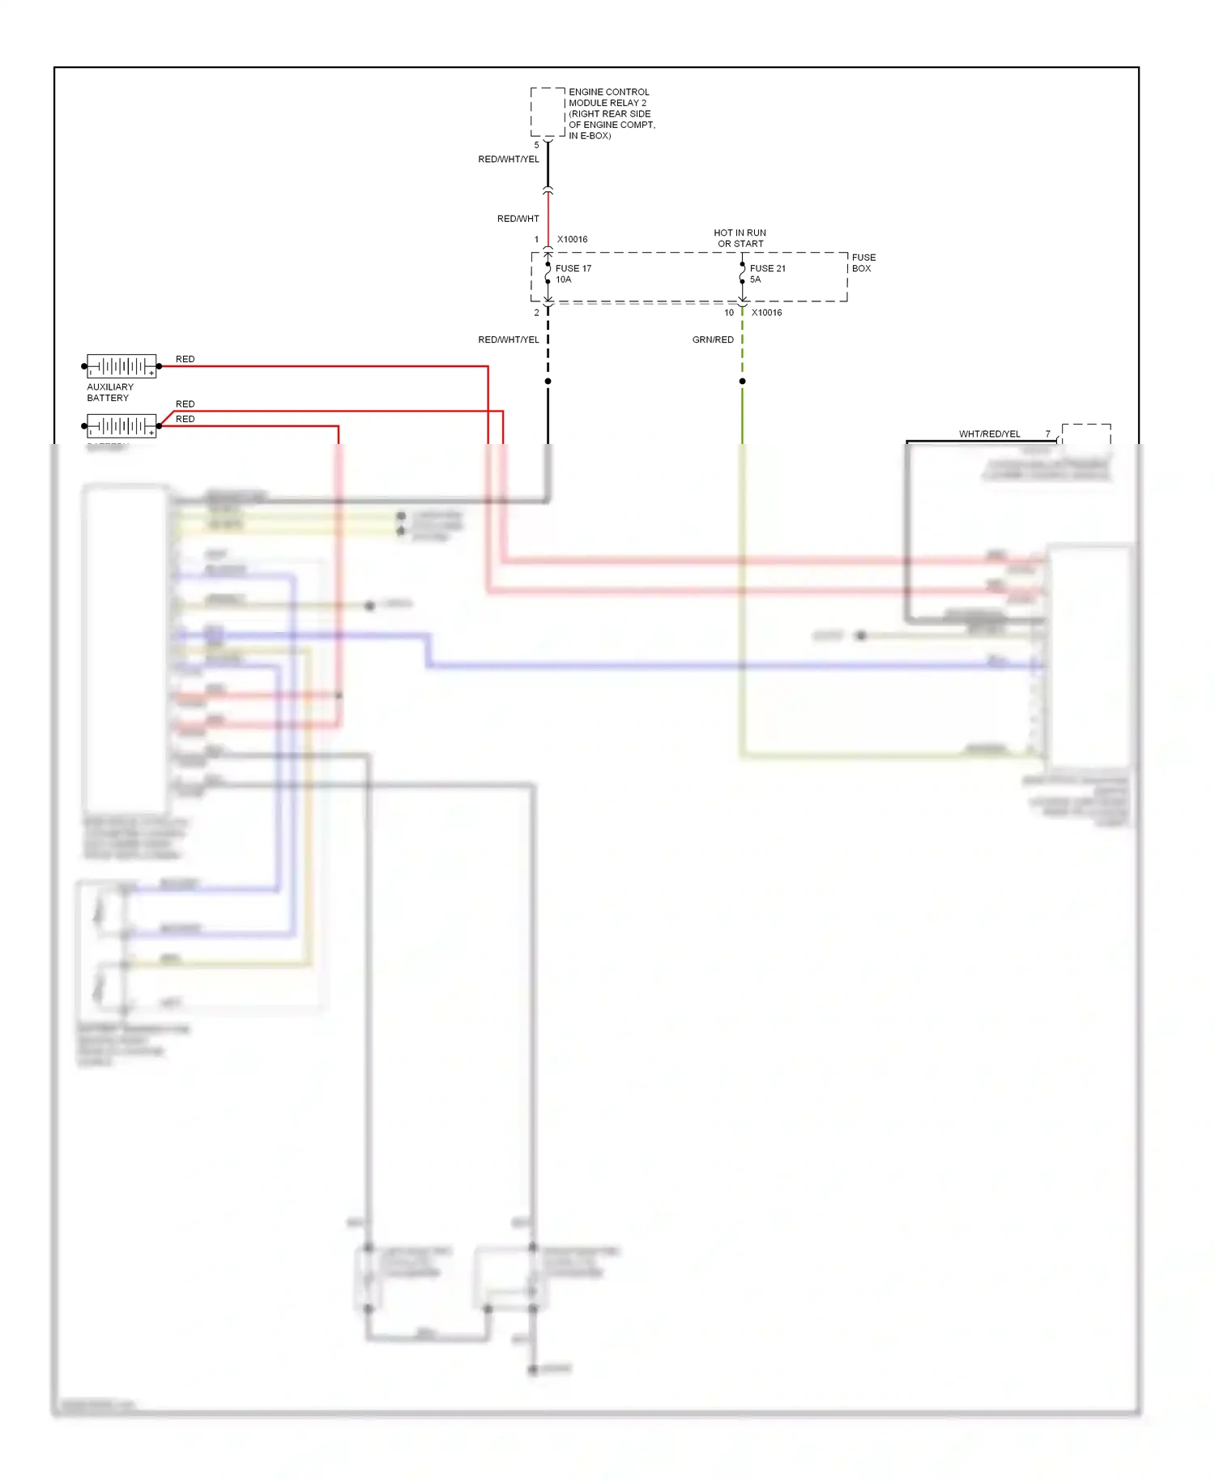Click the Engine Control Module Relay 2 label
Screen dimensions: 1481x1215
[611, 113]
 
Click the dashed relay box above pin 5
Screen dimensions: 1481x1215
[548, 112]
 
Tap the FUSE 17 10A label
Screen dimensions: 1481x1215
[573, 274]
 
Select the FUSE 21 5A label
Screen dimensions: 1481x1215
[766, 274]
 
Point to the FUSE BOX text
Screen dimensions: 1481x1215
[863, 262]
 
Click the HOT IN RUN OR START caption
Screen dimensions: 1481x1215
[740, 238]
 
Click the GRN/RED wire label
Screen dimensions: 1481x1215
[713, 339]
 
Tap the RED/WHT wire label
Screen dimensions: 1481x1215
[518, 219]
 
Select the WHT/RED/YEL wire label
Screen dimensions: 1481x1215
[989, 434]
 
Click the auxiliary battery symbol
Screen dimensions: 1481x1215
[122, 366]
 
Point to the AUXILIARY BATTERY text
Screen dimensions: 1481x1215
[109, 392]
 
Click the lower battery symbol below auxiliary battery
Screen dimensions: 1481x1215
[122, 425]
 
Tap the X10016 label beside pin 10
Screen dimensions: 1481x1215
[766, 313]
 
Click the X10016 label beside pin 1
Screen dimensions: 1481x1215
[572, 240]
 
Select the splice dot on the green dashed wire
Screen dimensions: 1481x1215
[742, 381]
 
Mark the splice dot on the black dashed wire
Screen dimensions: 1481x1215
[548, 381]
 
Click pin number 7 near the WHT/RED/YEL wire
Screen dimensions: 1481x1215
[1047, 434]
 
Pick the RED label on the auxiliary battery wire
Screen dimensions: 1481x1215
[185, 359]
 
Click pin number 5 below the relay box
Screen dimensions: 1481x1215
[536, 145]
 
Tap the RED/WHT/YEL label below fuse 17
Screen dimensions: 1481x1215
[508, 339]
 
